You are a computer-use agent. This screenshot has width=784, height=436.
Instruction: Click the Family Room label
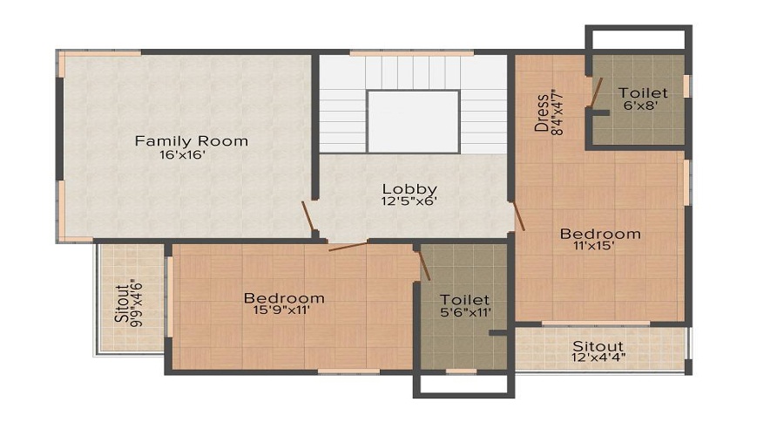191,140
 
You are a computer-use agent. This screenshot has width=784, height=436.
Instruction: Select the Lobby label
409,188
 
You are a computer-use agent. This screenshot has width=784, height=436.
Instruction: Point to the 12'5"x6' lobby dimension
409,201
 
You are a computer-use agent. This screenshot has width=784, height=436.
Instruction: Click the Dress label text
542,112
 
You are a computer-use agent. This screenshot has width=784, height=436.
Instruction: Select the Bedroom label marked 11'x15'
600,234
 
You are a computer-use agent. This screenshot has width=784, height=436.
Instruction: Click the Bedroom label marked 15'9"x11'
284,298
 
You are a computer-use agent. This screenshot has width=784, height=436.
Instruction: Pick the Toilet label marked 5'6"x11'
463,299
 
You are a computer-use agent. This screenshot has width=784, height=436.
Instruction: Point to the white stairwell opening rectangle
413,120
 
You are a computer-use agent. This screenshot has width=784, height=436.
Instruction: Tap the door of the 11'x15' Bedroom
518,216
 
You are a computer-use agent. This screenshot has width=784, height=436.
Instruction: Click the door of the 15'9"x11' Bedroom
348,247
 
